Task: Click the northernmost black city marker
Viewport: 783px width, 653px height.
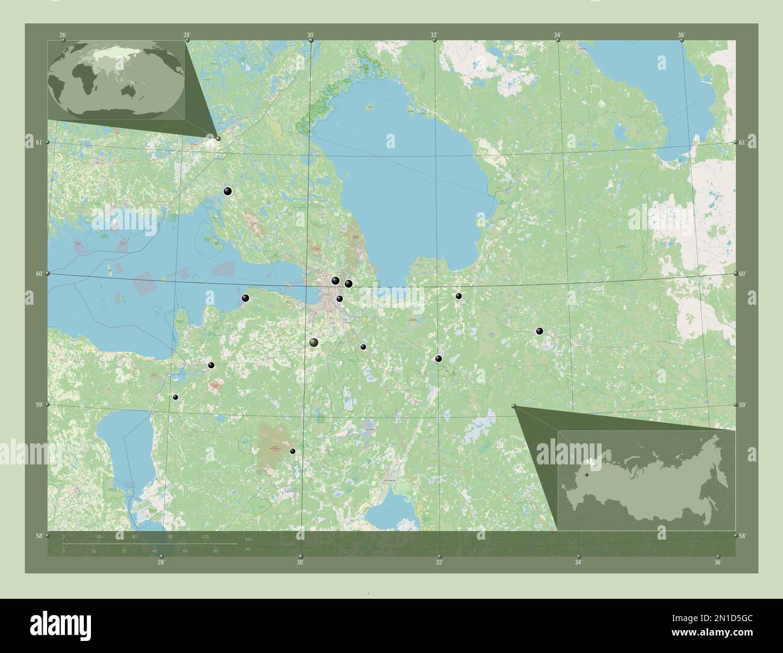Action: tap(228, 192)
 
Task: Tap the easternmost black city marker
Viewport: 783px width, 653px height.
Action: tap(540, 331)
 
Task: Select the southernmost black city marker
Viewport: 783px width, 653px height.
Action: tap(293, 451)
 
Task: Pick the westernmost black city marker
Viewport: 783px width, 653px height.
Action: tap(175, 397)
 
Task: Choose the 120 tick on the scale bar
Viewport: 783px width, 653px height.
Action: tap(205, 536)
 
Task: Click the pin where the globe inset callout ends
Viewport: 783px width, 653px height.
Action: tap(218, 139)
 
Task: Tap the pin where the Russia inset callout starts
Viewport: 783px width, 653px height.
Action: tap(514, 407)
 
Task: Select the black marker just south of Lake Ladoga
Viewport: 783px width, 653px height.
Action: tap(349, 283)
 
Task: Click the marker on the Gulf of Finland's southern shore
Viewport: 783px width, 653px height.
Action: tap(245, 298)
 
